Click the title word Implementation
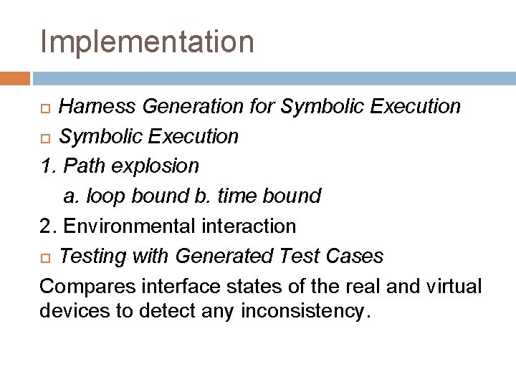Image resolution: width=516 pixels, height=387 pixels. pos(147,42)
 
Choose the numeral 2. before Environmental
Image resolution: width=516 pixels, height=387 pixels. pos(48,226)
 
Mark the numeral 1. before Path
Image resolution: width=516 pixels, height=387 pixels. pos(48,166)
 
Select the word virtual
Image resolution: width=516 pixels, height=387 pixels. pos(455,286)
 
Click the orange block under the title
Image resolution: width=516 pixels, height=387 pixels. pos(15,77)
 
